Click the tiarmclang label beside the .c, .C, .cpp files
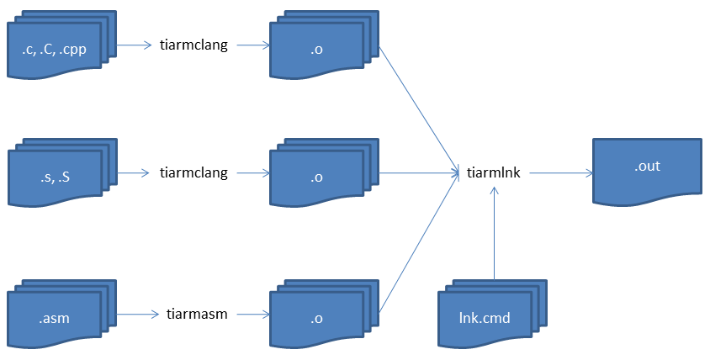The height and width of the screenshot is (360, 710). pyautogui.click(x=193, y=45)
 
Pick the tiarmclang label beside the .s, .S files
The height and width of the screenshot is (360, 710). pyautogui.click(x=193, y=173)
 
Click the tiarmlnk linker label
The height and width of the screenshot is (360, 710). pyautogui.click(x=494, y=173)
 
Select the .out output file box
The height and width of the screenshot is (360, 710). pyautogui.click(x=646, y=168)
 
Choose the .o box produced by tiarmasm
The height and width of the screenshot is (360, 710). pyautogui.click(x=316, y=319)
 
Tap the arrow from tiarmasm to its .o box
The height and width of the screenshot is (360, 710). pyautogui.click(x=252, y=314)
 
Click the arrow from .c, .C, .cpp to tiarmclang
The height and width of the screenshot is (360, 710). pyautogui.click(x=134, y=45)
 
